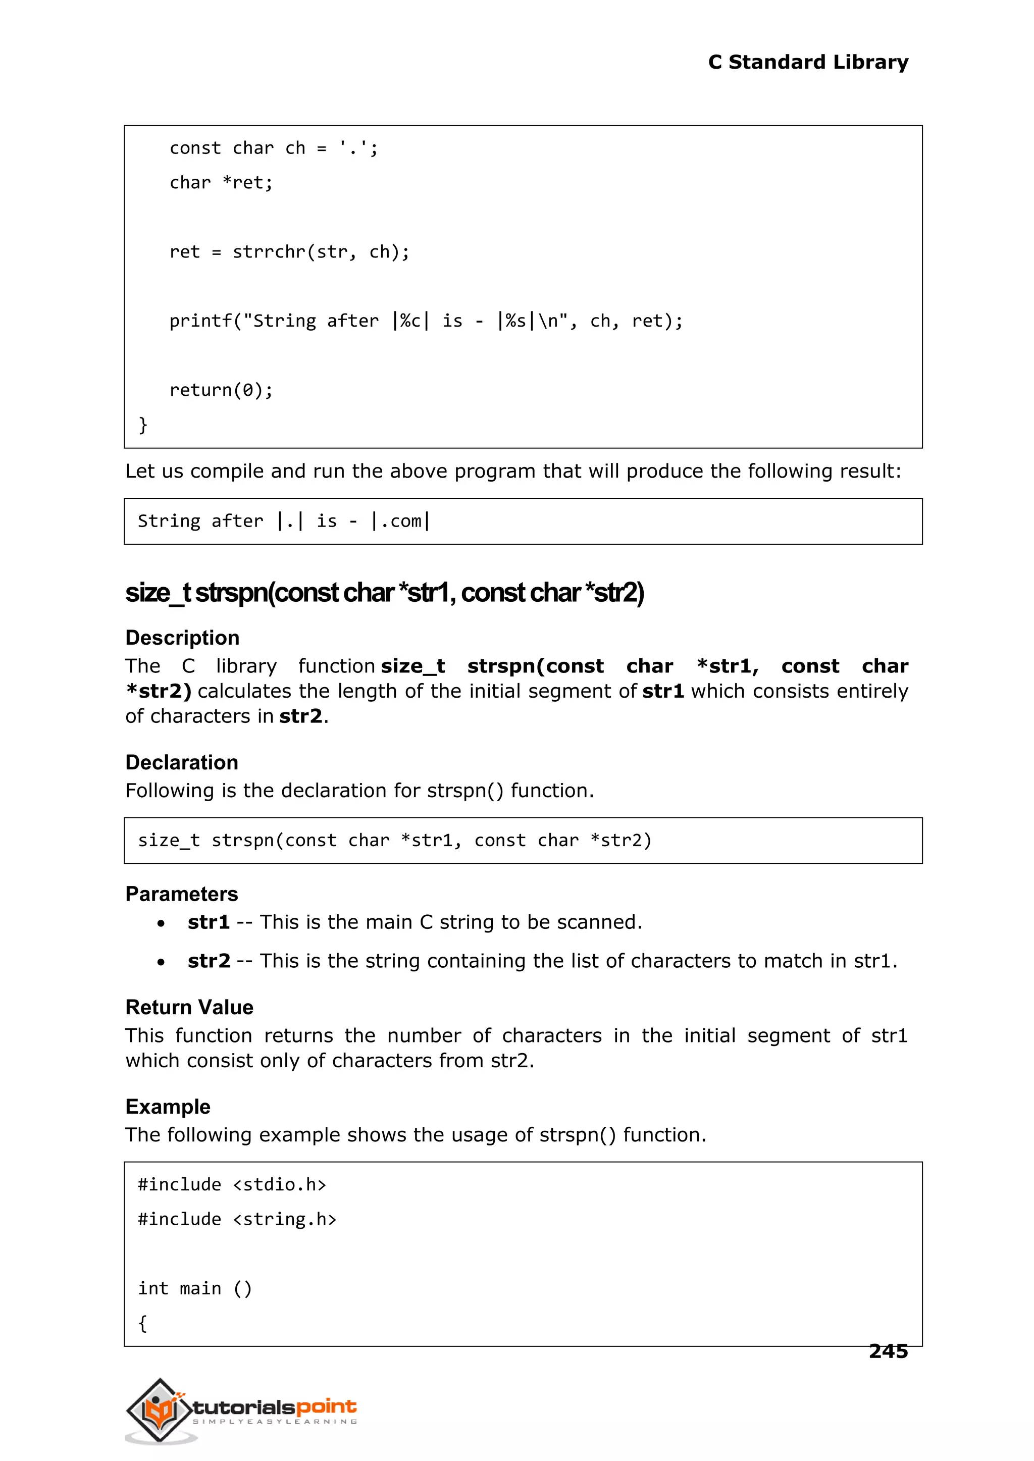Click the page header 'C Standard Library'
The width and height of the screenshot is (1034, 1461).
[x=807, y=63]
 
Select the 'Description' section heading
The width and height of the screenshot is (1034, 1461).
[x=182, y=638]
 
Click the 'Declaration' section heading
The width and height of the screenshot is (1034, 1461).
[x=181, y=763]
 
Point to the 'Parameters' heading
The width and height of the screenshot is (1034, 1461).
[x=181, y=894]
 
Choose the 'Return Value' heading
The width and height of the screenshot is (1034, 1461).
[x=189, y=1007]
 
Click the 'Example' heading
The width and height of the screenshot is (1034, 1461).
[x=168, y=1107]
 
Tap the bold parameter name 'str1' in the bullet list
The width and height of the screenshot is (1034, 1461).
[x=208, y=922]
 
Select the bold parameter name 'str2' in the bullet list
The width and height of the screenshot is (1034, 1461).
[x=209, y=961]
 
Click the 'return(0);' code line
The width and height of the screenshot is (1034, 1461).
[x=221, y=390]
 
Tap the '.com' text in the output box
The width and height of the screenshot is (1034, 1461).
[x=400, y=521]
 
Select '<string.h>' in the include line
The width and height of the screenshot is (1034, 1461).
[x=285, y=1219]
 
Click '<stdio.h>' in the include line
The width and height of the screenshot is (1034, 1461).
[x=280, y=1185]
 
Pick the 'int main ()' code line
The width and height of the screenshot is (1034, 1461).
[x=195, y=1288]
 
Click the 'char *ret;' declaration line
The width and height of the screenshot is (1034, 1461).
[x=221, y=183]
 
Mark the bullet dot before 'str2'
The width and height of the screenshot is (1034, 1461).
[x=161, y=962]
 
